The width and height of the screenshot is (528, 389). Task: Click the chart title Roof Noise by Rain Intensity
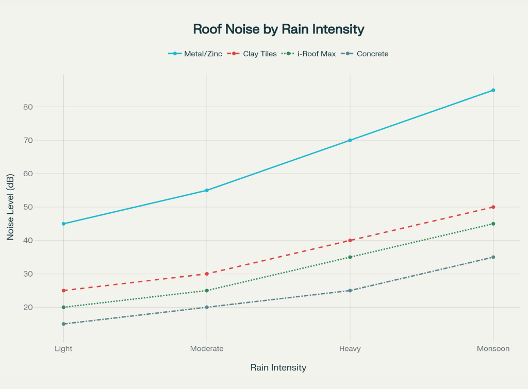pyautogui.click(x=278, y=29)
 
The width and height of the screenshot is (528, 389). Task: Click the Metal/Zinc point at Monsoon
pyautogui.click(x=493, y=90)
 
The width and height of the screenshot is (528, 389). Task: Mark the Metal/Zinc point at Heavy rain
pyautogui.click(x=350, y=140)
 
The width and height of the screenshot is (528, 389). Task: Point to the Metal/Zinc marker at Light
pyautogui.click(x=63, y=224)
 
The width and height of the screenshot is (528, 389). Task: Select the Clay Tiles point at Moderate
pyautogui.click(x=207, y=274)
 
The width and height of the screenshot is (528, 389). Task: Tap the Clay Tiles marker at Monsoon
pyautogui.click(x=493, y=207)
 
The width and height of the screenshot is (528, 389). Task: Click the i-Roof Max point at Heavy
pyautogui.click(x=350, y=257)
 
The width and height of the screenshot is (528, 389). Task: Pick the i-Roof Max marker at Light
pyautogui.click(x=63, y=307)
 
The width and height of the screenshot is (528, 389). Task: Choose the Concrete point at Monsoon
pyautogui.click(x=493, y=257)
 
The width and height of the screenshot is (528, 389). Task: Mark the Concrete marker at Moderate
pyautogui.click(x=207, y=307)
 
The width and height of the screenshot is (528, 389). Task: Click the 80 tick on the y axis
pyautogui.click(x=42, y=107)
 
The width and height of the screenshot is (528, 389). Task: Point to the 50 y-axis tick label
pyautogui.click(x=42, y=207)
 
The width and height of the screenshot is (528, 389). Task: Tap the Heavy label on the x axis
pyautogui.click(x=350, y=349)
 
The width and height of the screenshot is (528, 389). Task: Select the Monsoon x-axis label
pyautogui.click(x=493, y=349)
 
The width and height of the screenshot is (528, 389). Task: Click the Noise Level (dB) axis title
pyautogui.click(x=11, y=207)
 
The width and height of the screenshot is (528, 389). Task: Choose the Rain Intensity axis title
pyautogui.click(x=278, y=368)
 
